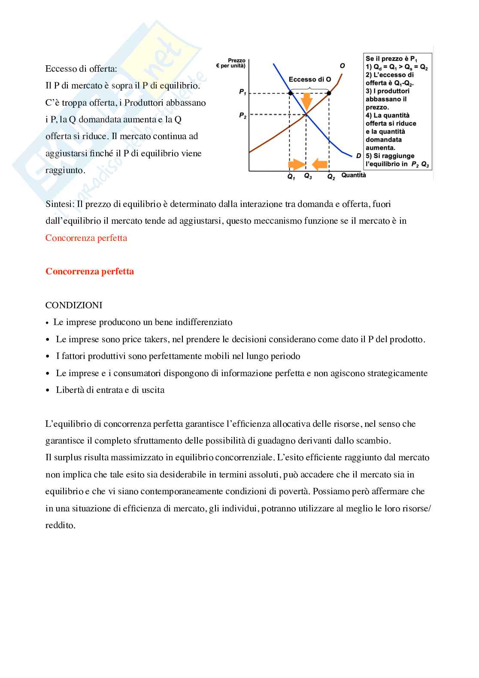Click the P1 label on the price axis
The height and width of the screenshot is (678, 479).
tap(243, 92)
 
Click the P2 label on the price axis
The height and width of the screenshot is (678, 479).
tap(243, 115)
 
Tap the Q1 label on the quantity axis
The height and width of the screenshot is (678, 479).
tap(291, 176)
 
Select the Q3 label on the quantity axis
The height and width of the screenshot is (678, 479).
tap(308, 176)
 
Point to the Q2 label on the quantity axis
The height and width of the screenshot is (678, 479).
tap(331, 176)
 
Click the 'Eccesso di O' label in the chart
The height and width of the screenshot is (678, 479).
tap(310, 79)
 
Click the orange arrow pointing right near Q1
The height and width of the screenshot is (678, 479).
tap(296, 164)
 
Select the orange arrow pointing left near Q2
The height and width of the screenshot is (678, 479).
tap(320, 164)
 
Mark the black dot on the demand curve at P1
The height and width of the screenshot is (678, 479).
tap(291, 93)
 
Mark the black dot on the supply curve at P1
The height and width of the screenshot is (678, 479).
tap(329, 93)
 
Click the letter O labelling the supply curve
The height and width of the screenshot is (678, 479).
tap(342, 66)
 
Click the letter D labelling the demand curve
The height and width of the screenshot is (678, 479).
tap(358, 156)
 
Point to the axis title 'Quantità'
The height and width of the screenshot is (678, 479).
tap(354, 175)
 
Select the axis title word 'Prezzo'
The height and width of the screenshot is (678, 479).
tap(236, 61)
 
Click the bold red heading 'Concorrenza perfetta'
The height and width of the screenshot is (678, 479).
tap(90, 271)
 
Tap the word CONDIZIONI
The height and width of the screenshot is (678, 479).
tap(74, 305)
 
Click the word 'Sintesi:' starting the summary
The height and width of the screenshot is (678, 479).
tap(60, 204)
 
